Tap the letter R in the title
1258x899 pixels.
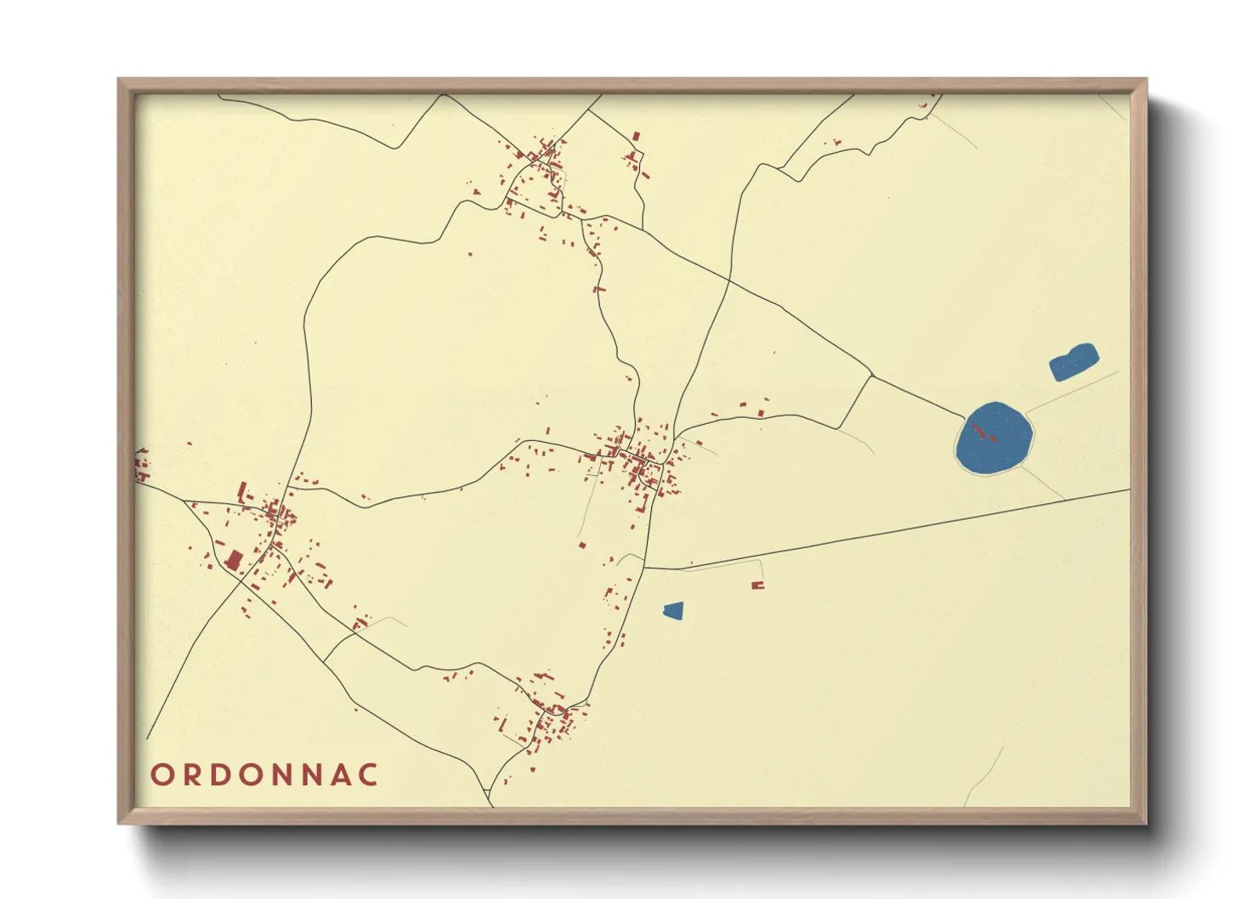click(191, 775)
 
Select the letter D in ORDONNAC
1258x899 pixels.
click(221, 775)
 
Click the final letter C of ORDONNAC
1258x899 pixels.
click(368, 775)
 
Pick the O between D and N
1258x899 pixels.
click(252, 775)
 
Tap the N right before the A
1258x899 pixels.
click(310, 775)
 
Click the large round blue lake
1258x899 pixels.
click(994, 439)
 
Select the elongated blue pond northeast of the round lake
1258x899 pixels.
click(1074, 362)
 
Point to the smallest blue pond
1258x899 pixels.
click(673, 610)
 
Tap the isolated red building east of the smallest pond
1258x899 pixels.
click(757, 585)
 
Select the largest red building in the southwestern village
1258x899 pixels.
click(233, 560)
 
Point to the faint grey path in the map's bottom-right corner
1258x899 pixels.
click(983, 777)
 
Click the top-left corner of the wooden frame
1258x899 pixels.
click(119, 80)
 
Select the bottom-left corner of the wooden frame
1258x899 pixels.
click(119, 823)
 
